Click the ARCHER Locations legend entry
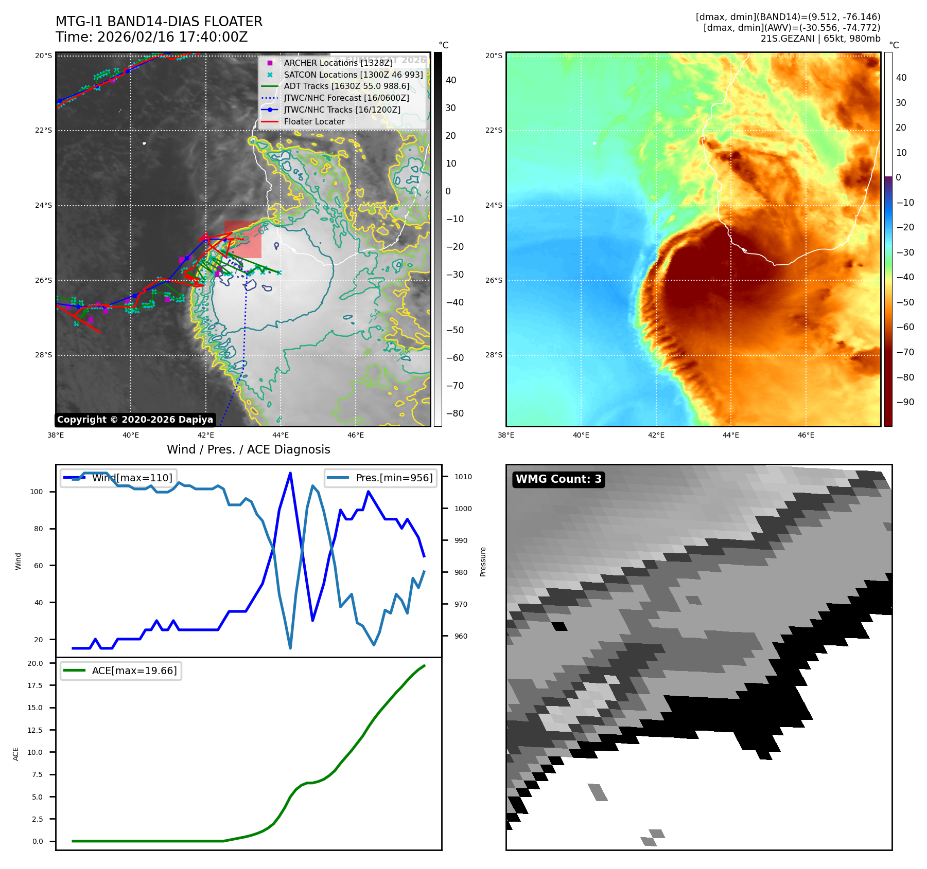tap(338, 63)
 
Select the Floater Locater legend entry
tap(314, 121)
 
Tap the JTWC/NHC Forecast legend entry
tap(346, 98)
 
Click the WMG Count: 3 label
tap(558, 479)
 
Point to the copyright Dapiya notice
tap(135, 420)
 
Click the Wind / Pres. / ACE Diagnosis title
tap(248, 449)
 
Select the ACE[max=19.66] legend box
tap(121, 671)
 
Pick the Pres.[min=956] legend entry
tap(381, 478)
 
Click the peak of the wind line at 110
tap(290, 473)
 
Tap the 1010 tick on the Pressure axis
tap(463, 477)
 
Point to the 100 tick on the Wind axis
tap(36, 492)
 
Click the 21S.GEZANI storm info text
tap(820, 39)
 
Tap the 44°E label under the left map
tap(281, 435)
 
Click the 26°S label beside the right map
tap(494, 280)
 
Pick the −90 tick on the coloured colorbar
tap(905, 402)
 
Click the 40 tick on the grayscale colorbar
tap(451, 80)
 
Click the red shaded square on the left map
tap(243, 240)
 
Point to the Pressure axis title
tap(483, 562)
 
